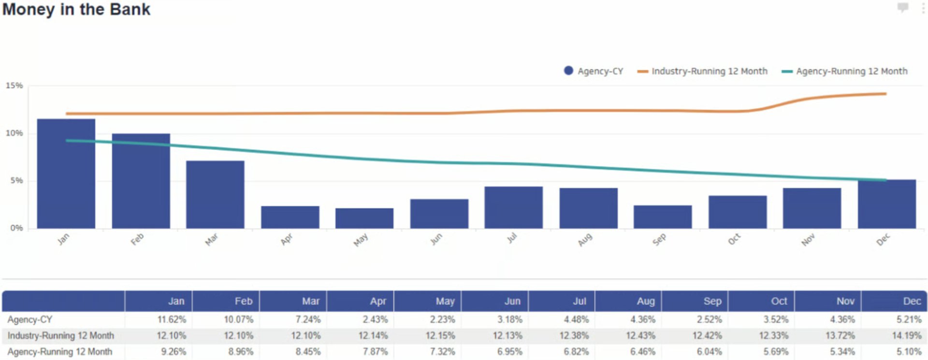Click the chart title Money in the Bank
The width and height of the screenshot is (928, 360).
[76, 9]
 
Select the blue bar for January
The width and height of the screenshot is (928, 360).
[66, 174]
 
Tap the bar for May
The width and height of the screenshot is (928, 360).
[364, 218]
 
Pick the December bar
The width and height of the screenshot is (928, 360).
[886, 204]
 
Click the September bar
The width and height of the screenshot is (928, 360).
[663, 217]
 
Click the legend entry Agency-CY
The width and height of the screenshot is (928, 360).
[594, 71]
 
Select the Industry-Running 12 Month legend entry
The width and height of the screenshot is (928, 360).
[703, 71]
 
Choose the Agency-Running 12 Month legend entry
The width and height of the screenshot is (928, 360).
[845, 71]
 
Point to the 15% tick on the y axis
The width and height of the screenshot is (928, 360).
[14, 86]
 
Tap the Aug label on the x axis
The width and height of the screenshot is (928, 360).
[585, 240]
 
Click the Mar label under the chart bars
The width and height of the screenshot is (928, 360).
[211, 240]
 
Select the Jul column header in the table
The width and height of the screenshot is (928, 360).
[579, 301]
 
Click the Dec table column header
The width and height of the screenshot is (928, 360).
[912, 301]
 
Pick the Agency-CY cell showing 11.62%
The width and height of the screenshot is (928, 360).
[172, 319]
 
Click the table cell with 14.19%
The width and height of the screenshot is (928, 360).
[906, 335]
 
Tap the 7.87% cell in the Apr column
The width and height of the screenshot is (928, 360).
[375, 352]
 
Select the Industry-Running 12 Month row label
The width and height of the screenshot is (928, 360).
[61, 335]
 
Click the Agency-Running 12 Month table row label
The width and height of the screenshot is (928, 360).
[60, 352]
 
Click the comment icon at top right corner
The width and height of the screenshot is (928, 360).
[902, 7]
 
